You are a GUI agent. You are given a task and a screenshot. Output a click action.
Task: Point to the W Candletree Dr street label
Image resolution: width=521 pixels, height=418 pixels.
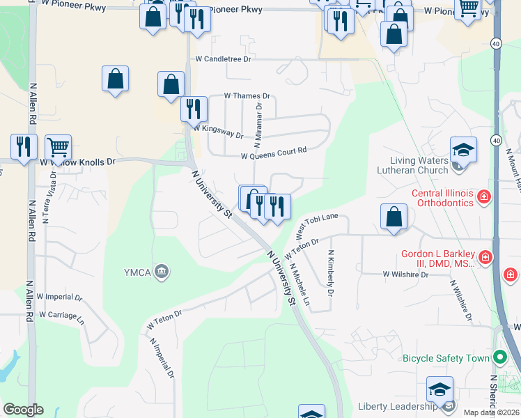223,59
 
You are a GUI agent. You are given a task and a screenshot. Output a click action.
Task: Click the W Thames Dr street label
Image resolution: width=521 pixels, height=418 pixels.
246,95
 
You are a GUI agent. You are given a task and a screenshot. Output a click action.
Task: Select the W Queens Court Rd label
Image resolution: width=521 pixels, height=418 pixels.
274,153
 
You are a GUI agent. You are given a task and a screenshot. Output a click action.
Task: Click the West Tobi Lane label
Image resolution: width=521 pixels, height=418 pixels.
317,225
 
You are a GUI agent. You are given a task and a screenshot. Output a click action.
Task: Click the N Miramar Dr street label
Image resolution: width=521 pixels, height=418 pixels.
258,126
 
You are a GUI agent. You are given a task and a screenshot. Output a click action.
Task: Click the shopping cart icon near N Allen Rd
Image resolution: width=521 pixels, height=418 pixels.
58,147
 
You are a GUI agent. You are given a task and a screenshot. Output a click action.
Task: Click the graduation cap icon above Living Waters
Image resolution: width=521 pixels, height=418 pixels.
463,149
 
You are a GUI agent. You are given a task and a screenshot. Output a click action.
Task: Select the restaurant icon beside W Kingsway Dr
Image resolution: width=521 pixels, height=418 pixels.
194,109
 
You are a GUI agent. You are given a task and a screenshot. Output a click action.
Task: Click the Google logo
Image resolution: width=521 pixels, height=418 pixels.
23,410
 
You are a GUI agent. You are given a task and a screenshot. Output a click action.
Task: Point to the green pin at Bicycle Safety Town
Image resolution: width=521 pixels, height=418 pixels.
499,358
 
